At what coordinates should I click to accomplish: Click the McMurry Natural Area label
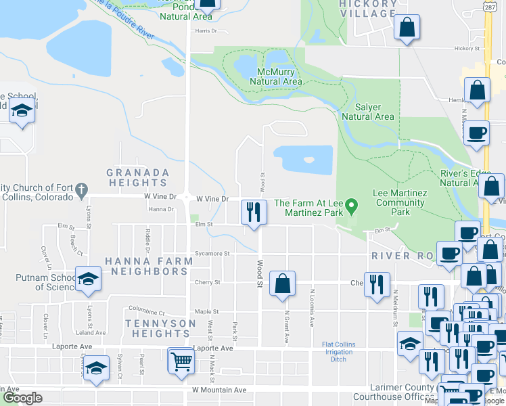[275, 76]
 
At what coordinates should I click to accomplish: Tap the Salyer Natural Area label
[367, 112]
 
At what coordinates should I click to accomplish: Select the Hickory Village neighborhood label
[369, 8]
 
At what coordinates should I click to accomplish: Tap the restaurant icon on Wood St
[254, 212]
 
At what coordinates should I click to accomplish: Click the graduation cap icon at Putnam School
[88, 280]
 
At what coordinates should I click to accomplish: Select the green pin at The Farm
[351, 204]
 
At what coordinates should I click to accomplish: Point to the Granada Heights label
[137, 177]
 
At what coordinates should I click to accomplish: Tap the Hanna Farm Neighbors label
[146, 265]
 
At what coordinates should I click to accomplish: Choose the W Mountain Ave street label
[219, 390]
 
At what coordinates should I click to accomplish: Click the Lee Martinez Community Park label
[400, 202]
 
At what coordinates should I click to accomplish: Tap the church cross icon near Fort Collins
[81, 189]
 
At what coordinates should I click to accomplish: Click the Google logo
[22, 399]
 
